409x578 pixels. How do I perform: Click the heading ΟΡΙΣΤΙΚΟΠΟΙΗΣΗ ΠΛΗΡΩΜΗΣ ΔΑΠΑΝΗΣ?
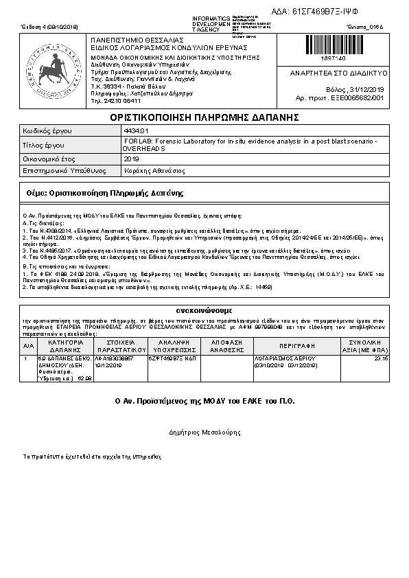pos(204,117)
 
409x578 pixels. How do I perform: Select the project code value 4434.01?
pos(135,130)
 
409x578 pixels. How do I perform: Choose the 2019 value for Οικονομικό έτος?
pos(131,159)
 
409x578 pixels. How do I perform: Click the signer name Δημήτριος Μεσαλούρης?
pos(204,433)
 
